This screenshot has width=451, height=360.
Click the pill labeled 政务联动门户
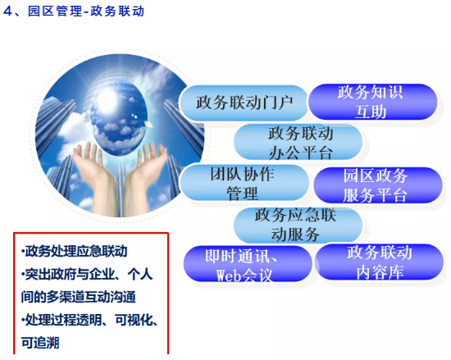pos(244,103)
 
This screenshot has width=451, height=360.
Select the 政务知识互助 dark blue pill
pos(373,102)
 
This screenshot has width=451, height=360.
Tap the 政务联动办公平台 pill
pos(298,143)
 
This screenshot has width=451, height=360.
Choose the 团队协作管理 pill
pos(244,183)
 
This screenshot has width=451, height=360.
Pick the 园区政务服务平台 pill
pos(378,185)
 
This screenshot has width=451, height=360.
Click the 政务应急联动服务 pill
pos(298,225)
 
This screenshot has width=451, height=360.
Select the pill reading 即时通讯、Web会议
pos(248,264)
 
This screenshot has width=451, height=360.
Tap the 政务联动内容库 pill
pos(380,262)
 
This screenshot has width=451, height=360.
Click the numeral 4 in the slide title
pos(7,11)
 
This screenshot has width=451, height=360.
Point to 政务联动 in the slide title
pos(117,11)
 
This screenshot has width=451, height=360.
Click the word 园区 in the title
pos(42,11)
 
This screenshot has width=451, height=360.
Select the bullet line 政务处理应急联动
pos(74,251)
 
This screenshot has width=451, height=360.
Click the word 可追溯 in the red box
pos(40,343)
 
